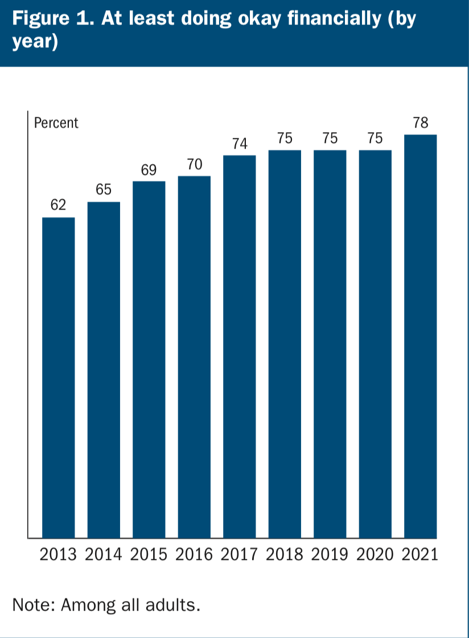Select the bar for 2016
coord(194,357)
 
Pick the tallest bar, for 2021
coord(420,336)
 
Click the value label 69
coord(149,170)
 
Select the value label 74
coord(240,144)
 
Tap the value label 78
coord(421,123)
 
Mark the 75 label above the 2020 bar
coord(375,138)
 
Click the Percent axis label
coord(56,123)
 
